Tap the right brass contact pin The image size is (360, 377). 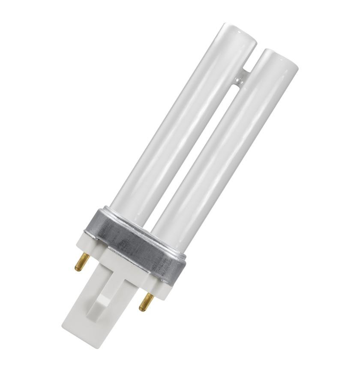coord(147,302)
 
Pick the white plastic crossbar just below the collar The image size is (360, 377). coord(124,266)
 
